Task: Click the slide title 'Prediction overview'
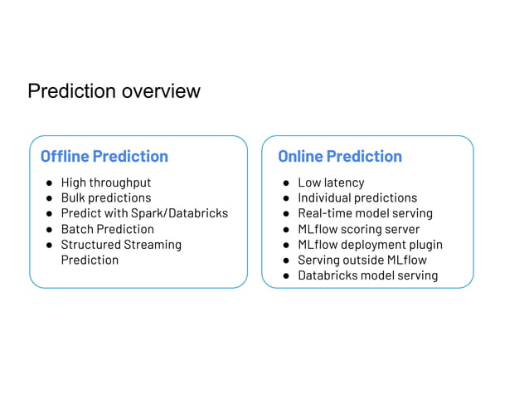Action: pos(114,90)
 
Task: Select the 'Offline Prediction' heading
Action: pos(104,156)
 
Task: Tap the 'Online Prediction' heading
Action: pos(339,156)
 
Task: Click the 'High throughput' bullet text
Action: pos(106,183)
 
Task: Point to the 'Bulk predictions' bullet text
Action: pos(106,197)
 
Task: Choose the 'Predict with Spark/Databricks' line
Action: pos(144,213)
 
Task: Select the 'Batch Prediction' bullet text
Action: pos(107,229)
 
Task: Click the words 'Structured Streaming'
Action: pos(121,245)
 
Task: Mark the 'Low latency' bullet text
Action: pos(331,183)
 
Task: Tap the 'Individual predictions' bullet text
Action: pos(357,197)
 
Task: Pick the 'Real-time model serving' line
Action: pos(365,213)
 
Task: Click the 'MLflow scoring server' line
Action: pos(358,229)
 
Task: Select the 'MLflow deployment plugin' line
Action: pos(370,245)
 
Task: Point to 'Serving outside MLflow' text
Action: pos(362,260)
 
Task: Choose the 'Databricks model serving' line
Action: pos(367,275)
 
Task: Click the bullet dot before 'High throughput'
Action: pos(49,183)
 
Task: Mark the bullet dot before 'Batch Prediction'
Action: pos(49,229)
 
